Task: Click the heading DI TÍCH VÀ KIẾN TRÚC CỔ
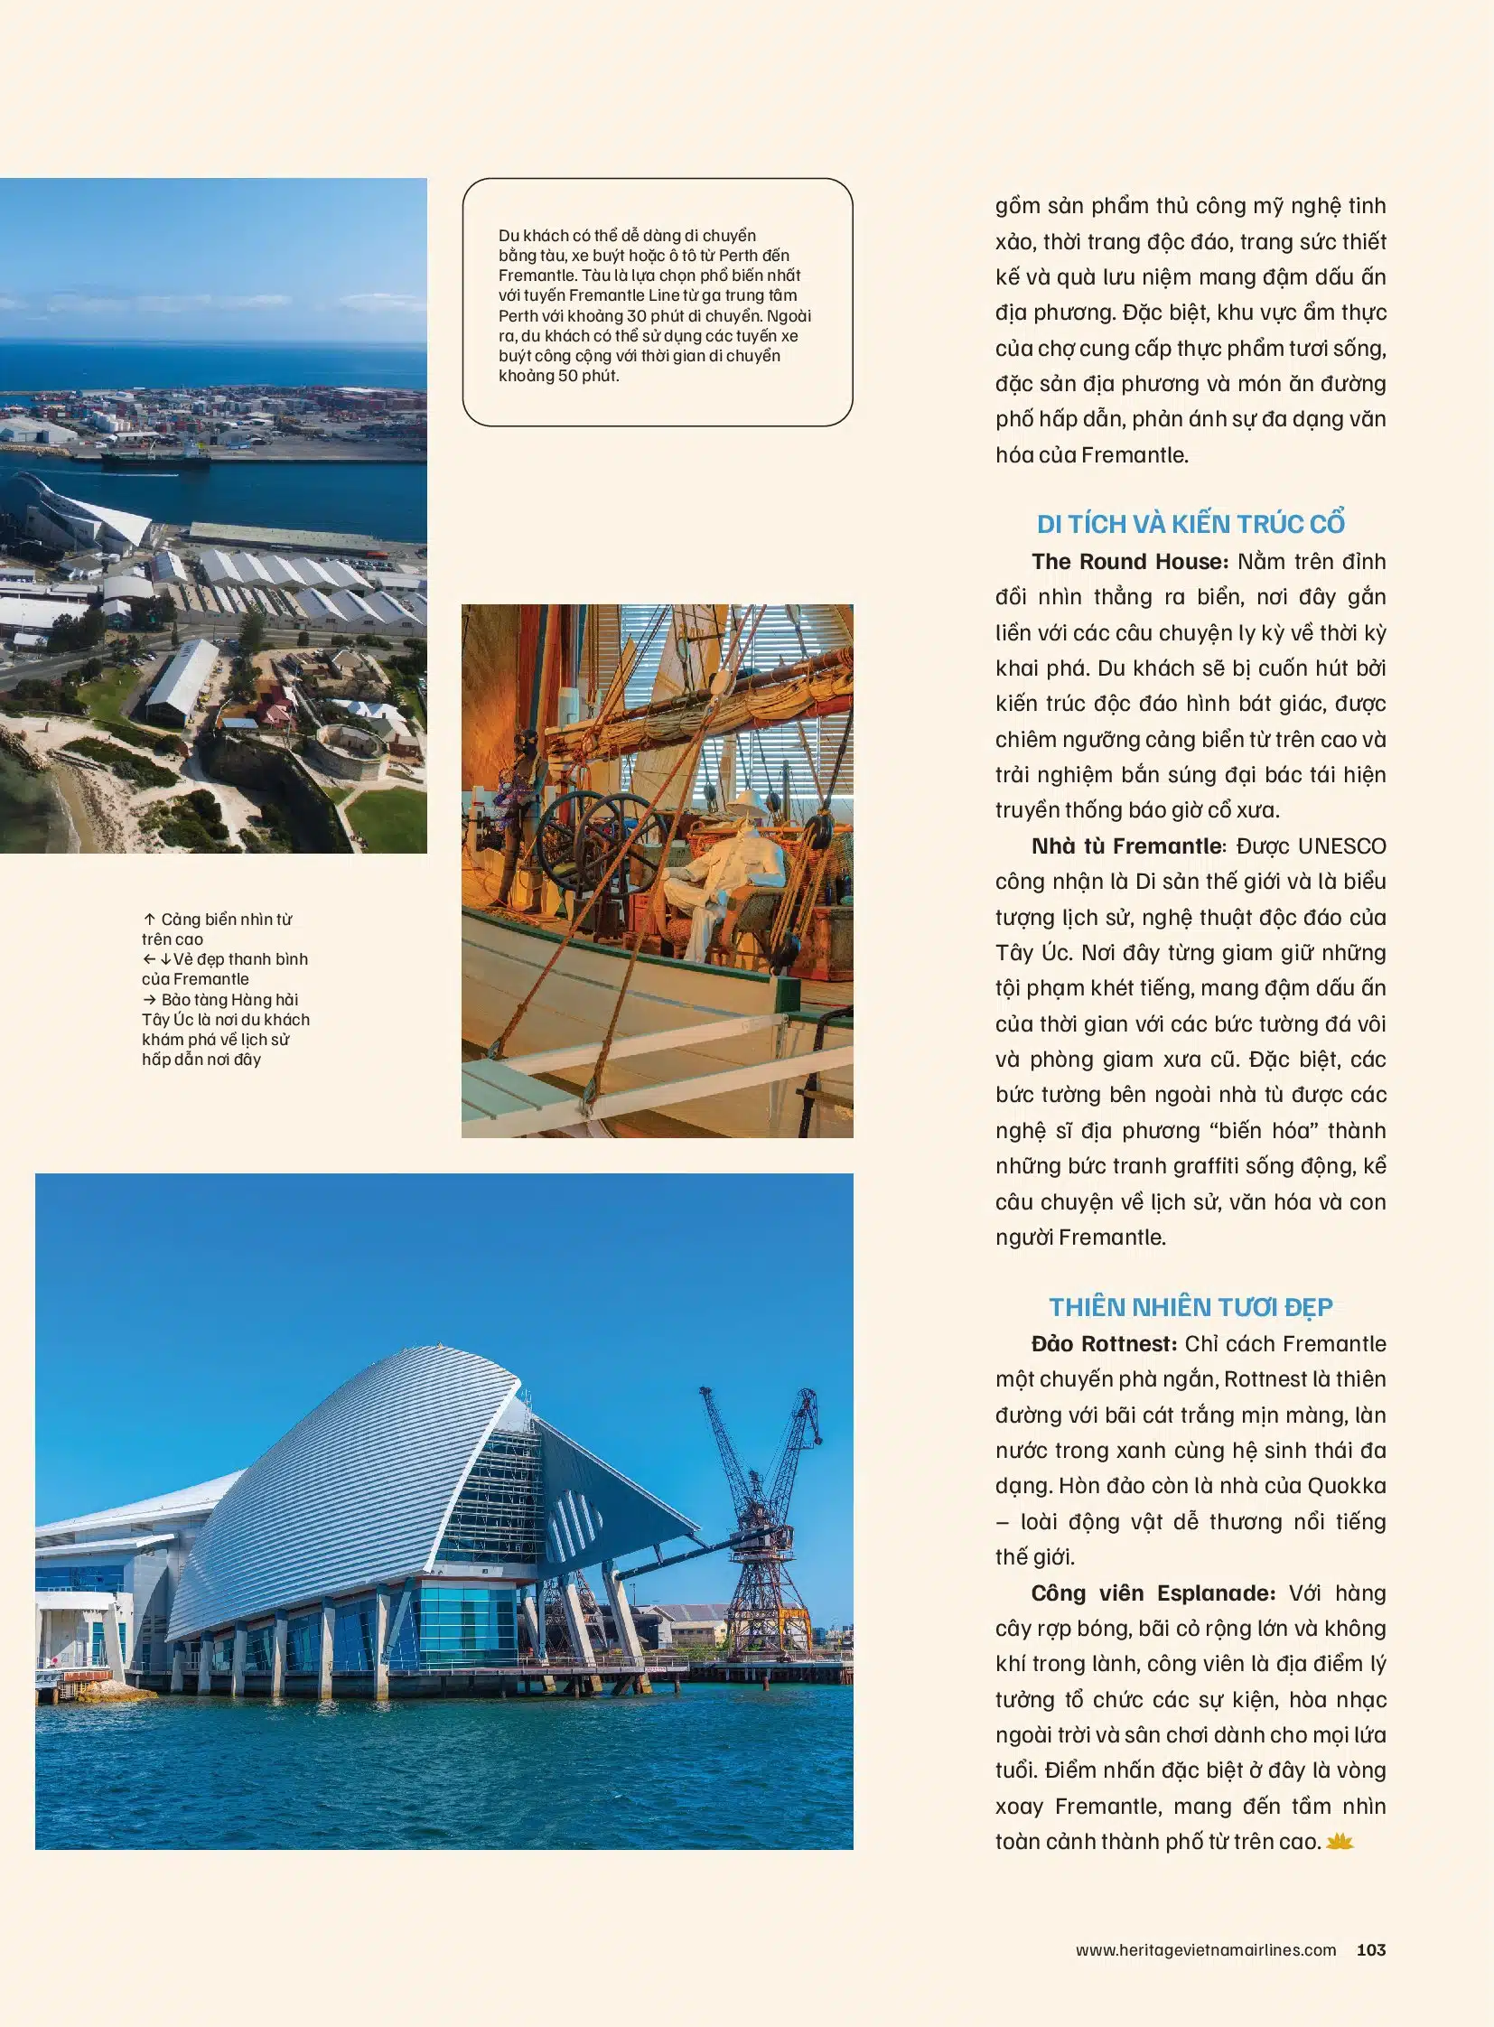[1191, 524]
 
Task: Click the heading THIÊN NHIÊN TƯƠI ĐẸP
[1191, 1307]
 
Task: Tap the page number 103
[1371, 1950]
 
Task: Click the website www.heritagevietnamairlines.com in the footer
[1206, 1950]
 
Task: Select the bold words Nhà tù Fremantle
[1127, 846]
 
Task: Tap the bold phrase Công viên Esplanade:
[1153, 1593]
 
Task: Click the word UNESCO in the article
[1341, 846]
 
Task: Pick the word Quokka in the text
[1347, 1486]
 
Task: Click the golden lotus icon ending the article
[1340, 1842]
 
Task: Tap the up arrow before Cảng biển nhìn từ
[149, 919]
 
